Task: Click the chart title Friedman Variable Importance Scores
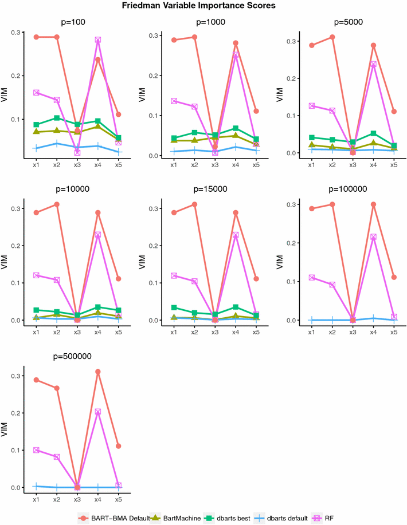pyautogui.click(x=203, y=6)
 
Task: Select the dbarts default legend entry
pyautogui.click(x=286, y=518)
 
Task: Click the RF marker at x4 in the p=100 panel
pyautogui.click(x=98, y=40)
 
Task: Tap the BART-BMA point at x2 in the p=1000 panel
pyautogui.click(x=194, y=37)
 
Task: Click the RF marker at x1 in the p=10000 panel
pyautogui.click(x=36, y=275)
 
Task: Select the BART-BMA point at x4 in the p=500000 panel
pyautogui.click(x=98, y=372)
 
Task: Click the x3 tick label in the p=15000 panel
pyautogui.click(x=215, y=332)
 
